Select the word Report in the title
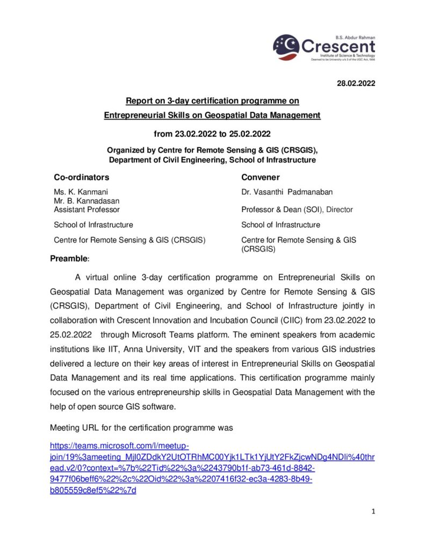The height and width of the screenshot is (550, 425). pos(138,100)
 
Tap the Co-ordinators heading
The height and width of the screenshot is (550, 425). pos(82,177)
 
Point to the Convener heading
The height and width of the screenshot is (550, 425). pos(261,177)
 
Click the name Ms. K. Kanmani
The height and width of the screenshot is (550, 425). pos(83,192)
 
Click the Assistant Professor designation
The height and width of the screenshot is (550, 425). pos(87,209)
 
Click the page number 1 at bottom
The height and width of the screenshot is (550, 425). pos(373,511)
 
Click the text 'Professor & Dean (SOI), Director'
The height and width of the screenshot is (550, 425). pos(297,209)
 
